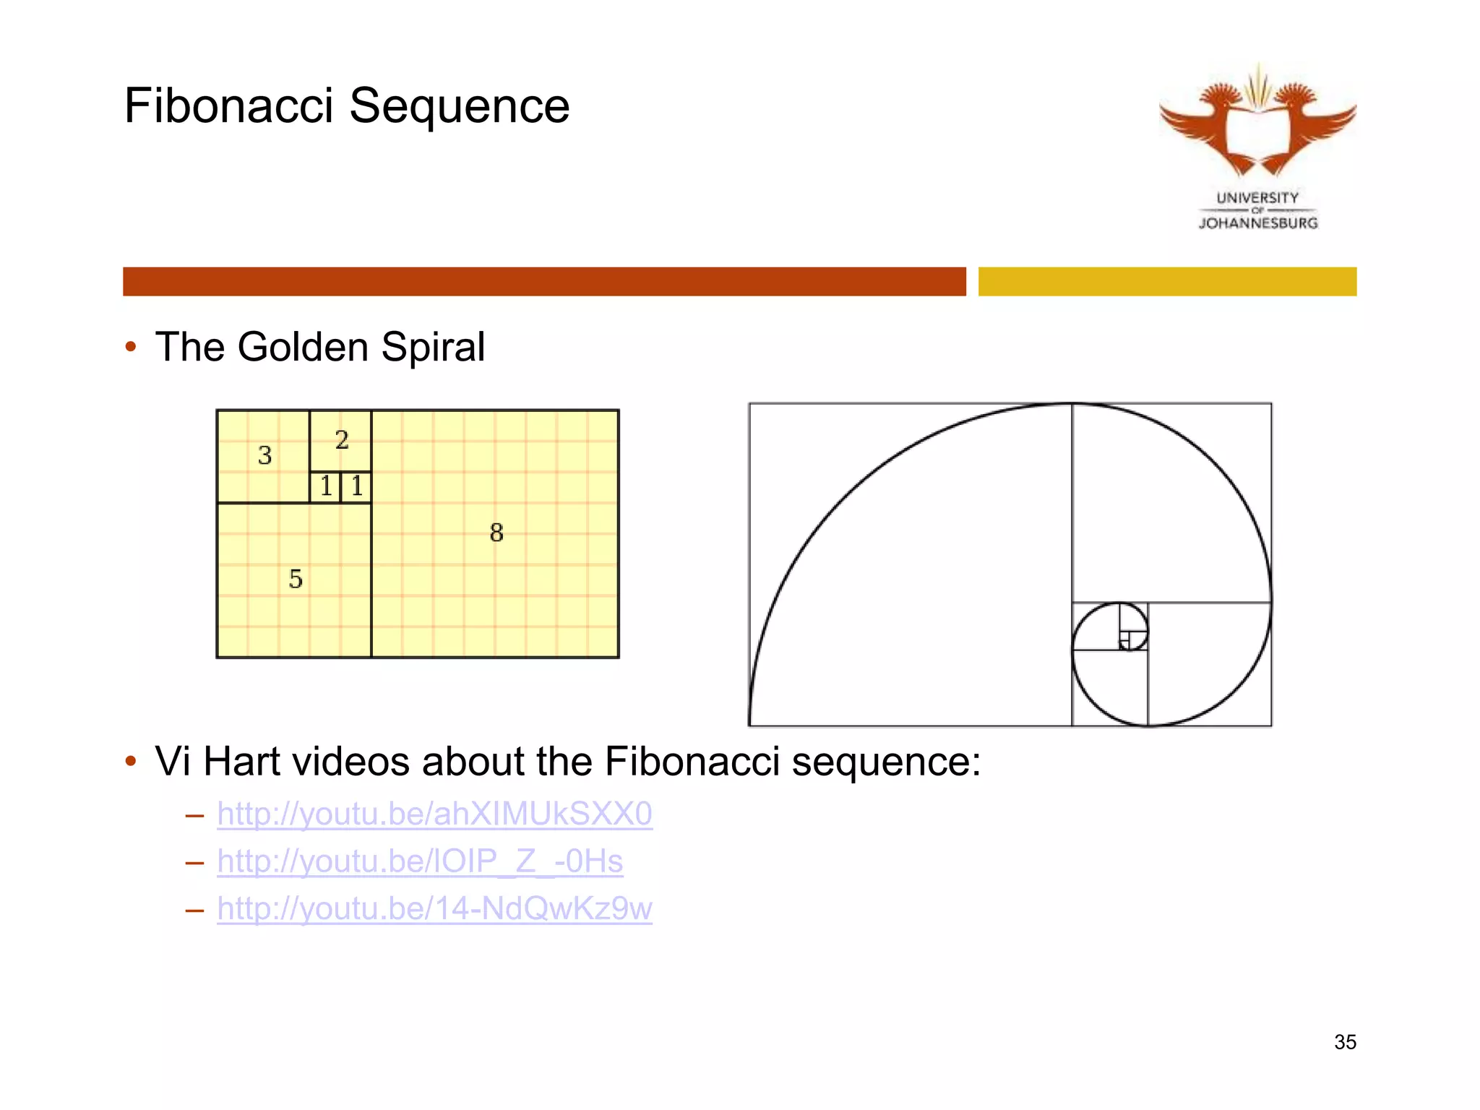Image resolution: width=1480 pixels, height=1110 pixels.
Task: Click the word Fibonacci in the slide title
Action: click(228, 106)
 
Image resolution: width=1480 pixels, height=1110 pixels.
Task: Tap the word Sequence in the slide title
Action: click(460, 106)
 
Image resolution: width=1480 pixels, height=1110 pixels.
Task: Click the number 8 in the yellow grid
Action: click(496, 533)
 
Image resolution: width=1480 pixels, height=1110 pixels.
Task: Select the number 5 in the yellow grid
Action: click(296, 579)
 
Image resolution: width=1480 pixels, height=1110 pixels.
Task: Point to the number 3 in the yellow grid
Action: click(264, 455)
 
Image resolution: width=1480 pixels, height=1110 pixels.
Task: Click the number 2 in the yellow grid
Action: click(342, 439)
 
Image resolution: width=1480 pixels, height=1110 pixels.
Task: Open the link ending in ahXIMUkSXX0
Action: click(434, 814)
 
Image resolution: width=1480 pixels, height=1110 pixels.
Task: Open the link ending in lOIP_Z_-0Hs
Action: click(420, 861)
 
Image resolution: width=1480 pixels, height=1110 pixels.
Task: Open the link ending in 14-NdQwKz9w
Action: click(434, 908)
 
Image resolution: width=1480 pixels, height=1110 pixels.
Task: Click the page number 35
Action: click(1345, 1042)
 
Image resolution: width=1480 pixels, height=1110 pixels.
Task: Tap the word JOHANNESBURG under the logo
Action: click(1258, 223)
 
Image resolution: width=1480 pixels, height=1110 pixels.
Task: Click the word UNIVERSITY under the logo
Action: click(1257, 197)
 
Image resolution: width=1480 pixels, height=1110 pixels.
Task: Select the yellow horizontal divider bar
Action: click(1167, 281)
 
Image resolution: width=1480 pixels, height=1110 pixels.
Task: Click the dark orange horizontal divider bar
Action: click(544, 281)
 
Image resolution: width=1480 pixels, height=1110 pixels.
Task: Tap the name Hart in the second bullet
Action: click(241, 762)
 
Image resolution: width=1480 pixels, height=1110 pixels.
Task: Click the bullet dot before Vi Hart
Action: click(131, 762)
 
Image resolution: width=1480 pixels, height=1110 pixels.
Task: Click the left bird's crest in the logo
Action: click(1221, 94)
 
